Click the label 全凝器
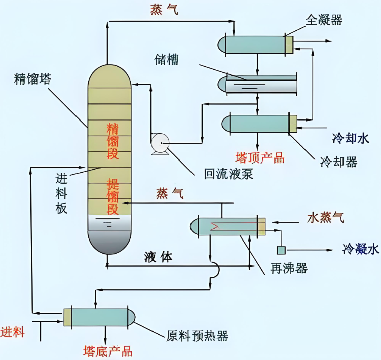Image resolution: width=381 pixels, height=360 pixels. coord(324,20)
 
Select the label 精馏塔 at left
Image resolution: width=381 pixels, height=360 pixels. coord(33,79)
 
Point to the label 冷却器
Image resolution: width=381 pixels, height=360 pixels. coord(339,162)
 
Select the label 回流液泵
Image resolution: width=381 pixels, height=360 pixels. coord(228,174)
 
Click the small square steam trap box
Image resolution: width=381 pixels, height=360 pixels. coord(281,250)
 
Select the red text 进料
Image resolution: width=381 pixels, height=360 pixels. coord(12,333)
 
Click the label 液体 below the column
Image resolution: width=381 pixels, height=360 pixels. coord(158,257)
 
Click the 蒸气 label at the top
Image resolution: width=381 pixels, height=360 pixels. coord(164,10)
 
